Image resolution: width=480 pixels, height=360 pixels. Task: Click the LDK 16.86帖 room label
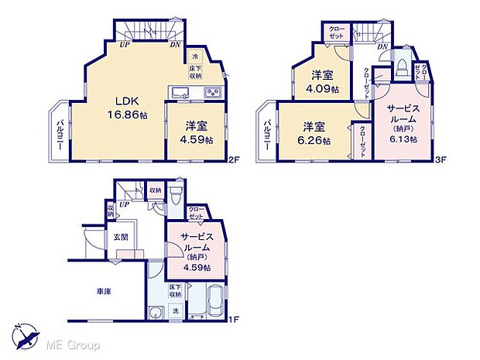coord(127,105)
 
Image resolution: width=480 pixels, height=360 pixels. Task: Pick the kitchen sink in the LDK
coord(180,94)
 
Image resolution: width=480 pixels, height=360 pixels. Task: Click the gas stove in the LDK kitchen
coord(212,94)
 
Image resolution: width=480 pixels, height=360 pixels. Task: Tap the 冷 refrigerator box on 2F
coord(196,57)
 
